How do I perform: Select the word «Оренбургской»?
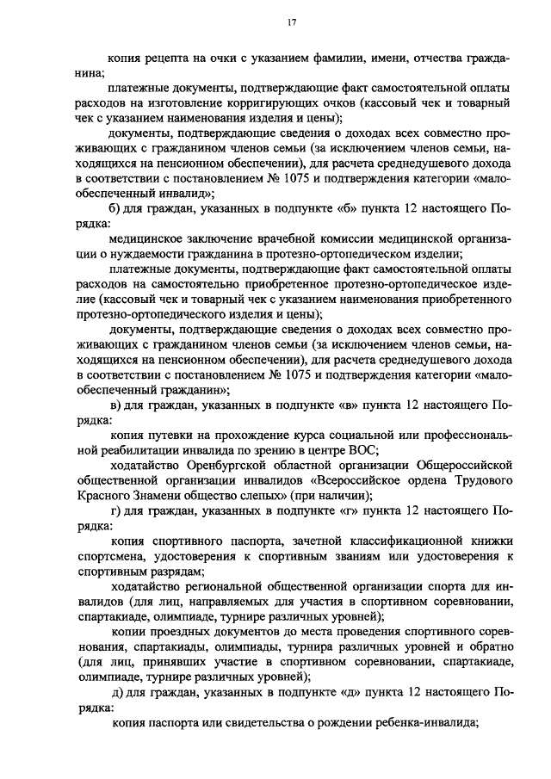pos(228,465)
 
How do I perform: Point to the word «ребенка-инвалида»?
pos(424,722)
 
